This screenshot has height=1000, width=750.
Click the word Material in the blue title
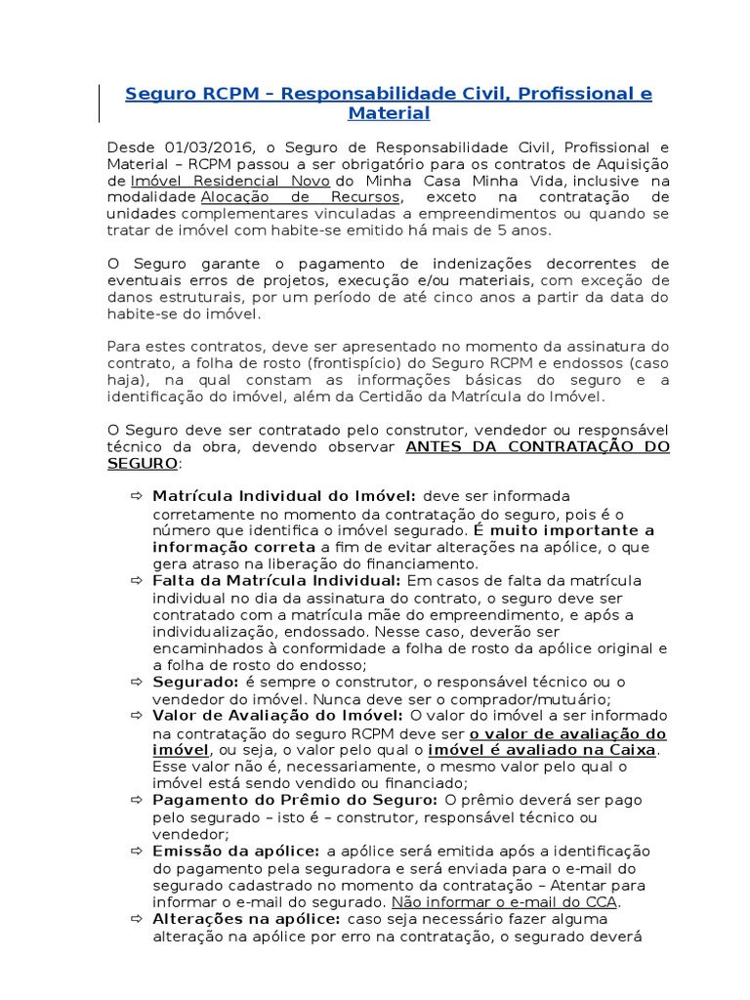pos(389,113)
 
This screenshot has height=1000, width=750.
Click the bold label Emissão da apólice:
pos(237,852)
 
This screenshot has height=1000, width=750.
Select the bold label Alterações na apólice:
pos(245,919)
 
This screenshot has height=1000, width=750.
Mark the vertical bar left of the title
pos(101,104)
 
